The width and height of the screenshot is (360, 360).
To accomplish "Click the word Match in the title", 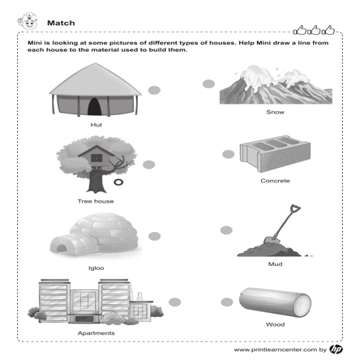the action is click(x=61, y=23).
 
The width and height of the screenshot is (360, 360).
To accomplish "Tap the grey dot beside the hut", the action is click(x=154, y=90).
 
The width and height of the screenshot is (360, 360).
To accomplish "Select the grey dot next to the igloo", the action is click(x=154, y=236).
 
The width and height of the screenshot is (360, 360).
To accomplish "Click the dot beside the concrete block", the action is click(x=228, y=154).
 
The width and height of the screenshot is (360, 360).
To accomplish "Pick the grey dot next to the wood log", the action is click(x=227, y=302).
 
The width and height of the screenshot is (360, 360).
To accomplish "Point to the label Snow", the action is click(x=275, y=112).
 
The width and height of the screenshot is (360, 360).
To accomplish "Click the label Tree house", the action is click(x=96, y=201).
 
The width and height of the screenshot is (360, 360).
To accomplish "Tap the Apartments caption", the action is click(x=96, y=333).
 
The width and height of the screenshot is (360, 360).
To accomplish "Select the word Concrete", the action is click(x=275, y=181).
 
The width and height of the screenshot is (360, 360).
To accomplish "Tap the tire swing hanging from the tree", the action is click(x=118, y=182).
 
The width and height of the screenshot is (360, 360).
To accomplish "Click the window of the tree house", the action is click(x=96, y=158).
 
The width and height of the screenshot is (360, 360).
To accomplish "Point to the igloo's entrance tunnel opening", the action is click(x=61, y=249).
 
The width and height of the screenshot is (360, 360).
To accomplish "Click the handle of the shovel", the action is click(x=286, y=220).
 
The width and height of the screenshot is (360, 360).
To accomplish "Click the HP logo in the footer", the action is click(x=336, y=349).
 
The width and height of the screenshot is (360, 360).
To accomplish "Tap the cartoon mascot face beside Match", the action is click(x=28, y=21).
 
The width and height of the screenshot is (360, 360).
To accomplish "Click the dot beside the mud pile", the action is click(x=226, y=230).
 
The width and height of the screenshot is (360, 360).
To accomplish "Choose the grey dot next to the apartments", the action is click(x=174, y=302).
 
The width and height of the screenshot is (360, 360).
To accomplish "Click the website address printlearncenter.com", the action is click(x=275, y=349).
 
